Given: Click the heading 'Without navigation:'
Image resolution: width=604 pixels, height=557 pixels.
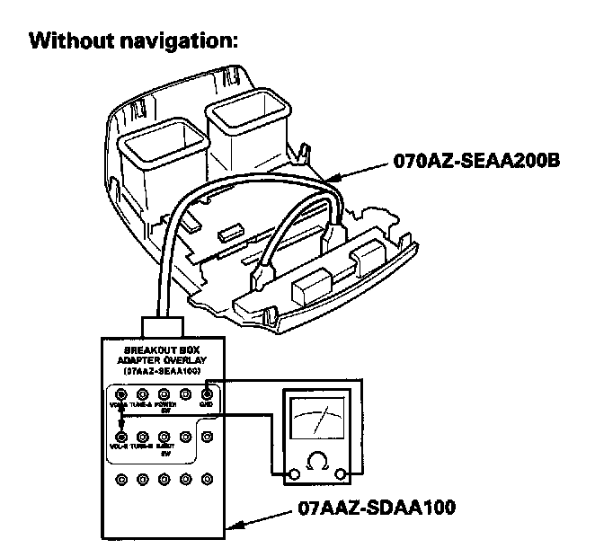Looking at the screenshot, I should tap(133, 42).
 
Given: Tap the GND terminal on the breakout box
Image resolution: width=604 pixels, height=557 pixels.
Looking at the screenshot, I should tap(207, 393).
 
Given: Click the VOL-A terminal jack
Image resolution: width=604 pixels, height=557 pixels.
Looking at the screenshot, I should tap(120, 393).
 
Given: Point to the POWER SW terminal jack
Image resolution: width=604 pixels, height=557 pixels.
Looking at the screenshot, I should tap(164, 393).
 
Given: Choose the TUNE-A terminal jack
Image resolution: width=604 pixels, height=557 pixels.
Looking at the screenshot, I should tap(142, 393).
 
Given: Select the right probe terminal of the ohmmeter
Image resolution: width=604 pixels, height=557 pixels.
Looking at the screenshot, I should tap(342, 473).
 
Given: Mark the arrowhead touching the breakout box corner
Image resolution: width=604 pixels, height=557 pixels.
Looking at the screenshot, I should tap(233, 531).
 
